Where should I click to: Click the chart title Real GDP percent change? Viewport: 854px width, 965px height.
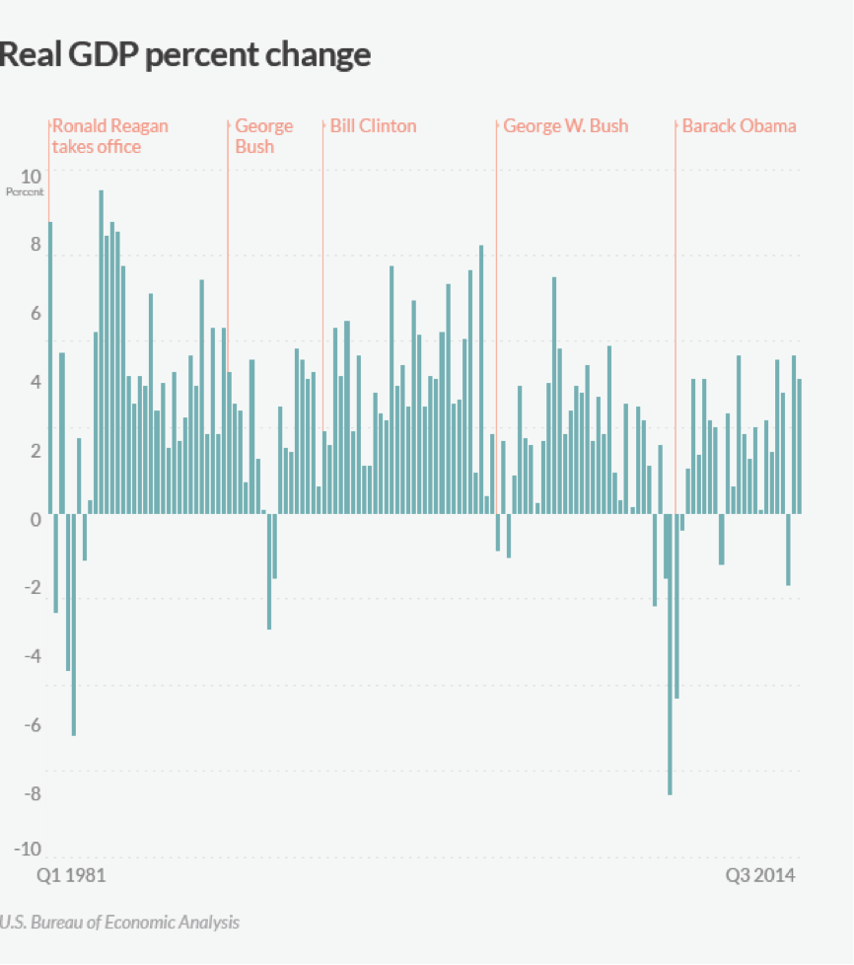click(185, 54)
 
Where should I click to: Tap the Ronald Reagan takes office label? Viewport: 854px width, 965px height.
click(109, 136)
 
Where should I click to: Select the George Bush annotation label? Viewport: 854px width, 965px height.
click(263, 136)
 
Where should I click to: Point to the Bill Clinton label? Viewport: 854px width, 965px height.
click(373, 126)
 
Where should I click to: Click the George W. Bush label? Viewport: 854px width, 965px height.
click(565, 126)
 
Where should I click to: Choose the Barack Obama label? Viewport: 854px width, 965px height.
click(739, 126)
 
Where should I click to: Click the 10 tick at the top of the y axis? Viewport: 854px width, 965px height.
click(31, 171)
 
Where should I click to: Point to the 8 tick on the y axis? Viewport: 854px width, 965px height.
click(36, 246)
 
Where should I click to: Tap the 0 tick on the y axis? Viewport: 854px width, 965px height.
click(36, 520)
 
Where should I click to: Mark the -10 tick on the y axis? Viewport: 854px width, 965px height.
click(27, 850)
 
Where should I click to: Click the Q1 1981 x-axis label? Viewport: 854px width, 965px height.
click(71, 875)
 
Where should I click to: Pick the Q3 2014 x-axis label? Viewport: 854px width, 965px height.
click(760, 875)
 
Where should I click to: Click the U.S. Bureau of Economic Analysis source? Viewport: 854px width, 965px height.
click(119, 923)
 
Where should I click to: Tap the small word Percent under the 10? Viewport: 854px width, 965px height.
click(25, 191)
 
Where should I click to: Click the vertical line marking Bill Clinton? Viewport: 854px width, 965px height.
click(322, 296)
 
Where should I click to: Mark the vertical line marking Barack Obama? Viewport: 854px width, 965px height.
click(676, 296)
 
